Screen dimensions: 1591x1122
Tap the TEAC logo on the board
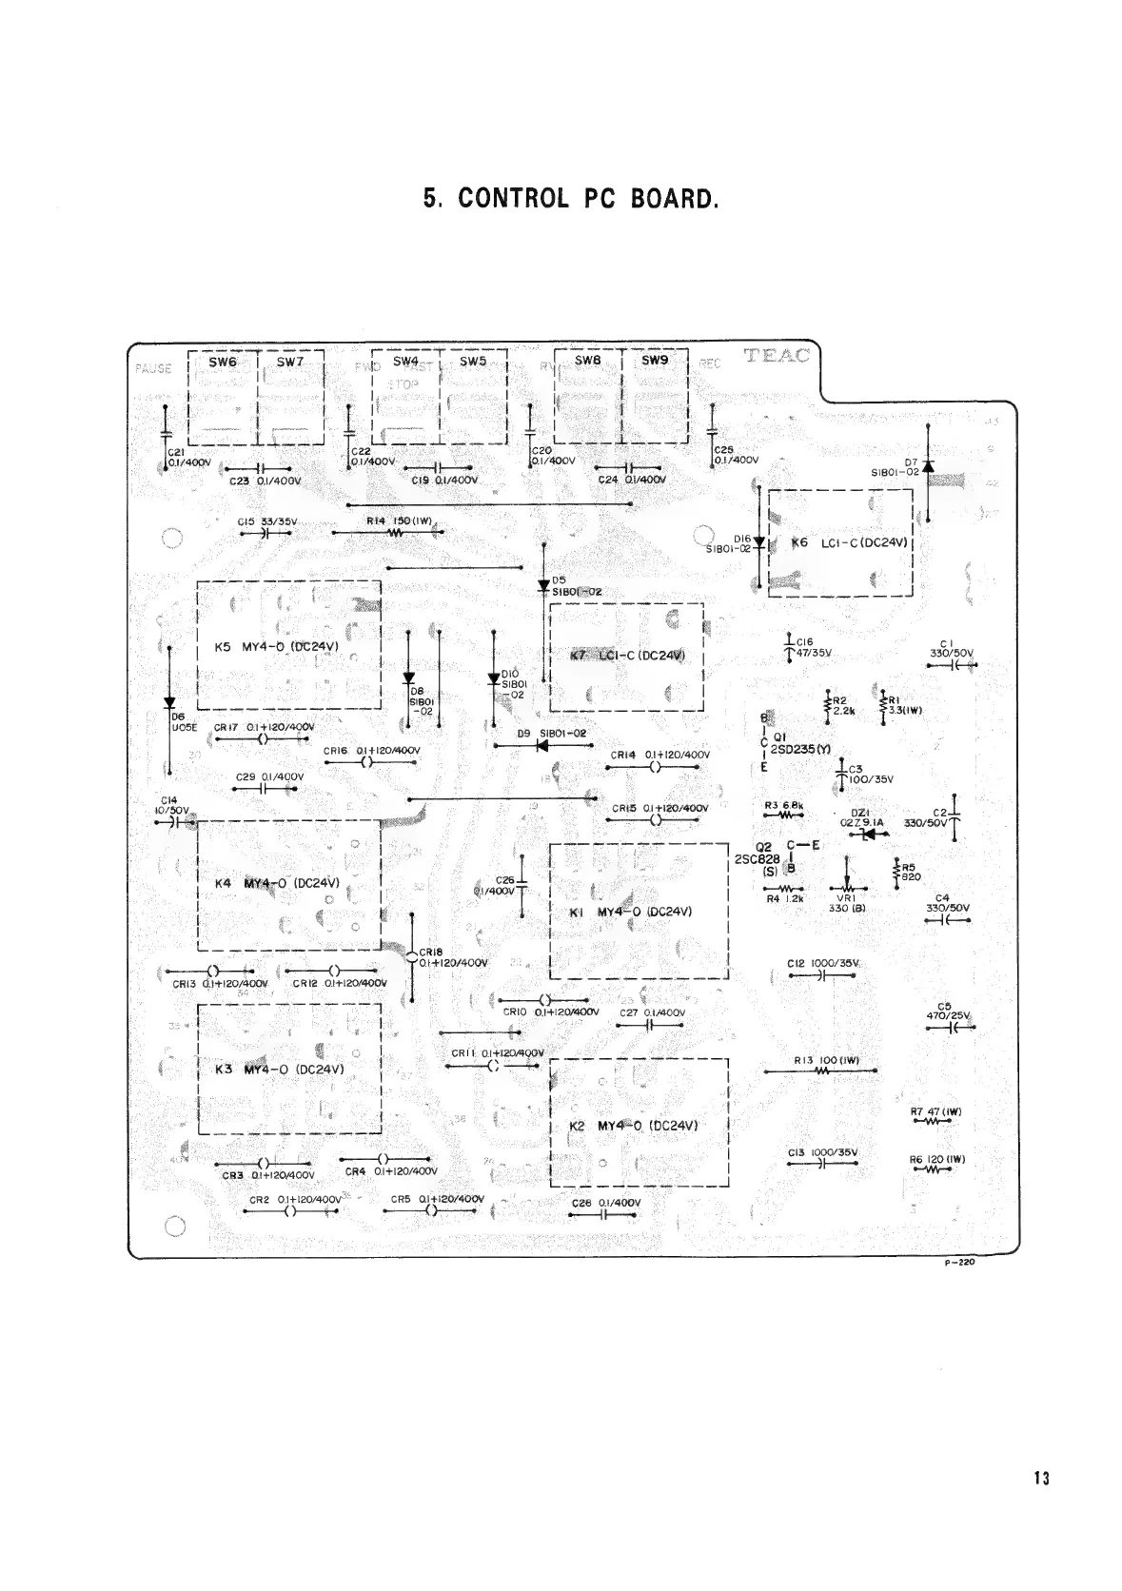pos(778,357)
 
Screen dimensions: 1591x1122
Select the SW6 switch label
pos(222,363)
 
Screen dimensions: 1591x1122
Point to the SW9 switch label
pos(655,362)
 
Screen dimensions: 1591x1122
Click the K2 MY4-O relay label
pos(634,1126)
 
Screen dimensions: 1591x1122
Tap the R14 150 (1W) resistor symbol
pos(398,533)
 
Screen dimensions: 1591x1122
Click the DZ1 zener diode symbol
pos(867,835)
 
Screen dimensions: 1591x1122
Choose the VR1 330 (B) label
pos(846,902)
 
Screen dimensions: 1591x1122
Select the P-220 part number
pos(963,1266)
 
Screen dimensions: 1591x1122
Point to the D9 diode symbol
pos(542,746)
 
